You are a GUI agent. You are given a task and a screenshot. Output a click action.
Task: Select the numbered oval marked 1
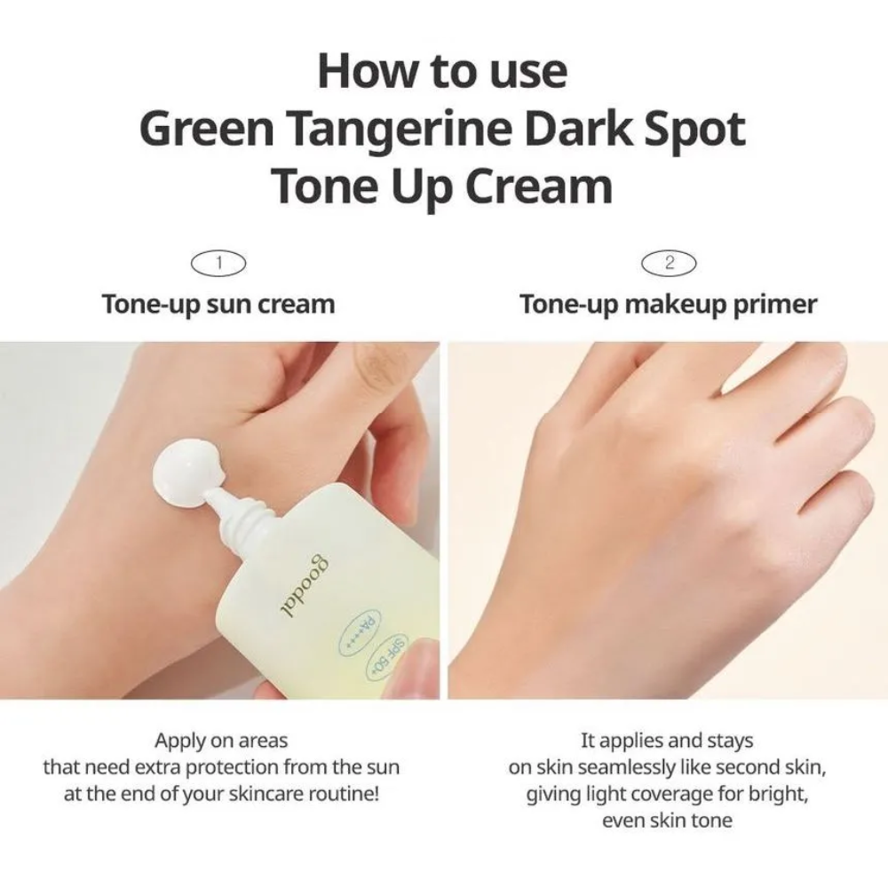218,264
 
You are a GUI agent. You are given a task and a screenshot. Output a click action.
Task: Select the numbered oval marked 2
669,264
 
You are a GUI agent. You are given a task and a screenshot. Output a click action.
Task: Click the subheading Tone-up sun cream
218,304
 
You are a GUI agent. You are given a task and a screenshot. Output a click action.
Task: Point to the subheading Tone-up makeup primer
669,304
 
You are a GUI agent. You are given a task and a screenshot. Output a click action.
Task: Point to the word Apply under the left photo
180,741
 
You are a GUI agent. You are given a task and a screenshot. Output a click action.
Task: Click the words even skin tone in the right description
667,821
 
